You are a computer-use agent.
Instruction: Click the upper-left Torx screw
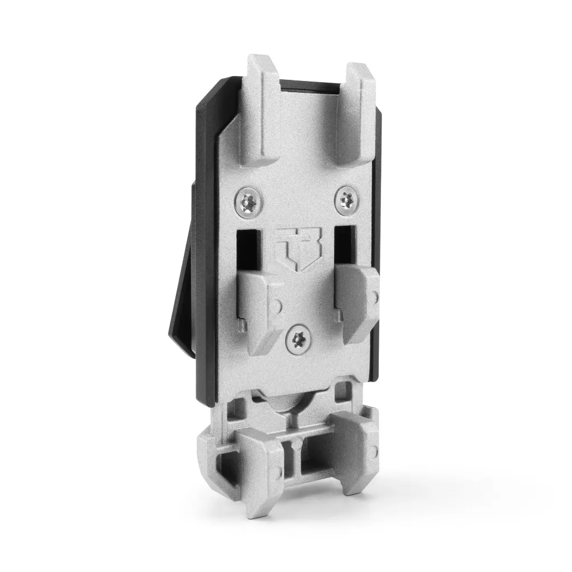point(248,202)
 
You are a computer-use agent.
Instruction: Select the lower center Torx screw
point(297,340)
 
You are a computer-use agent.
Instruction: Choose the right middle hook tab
point(357,304)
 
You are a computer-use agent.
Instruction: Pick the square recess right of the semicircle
point(340,394)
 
